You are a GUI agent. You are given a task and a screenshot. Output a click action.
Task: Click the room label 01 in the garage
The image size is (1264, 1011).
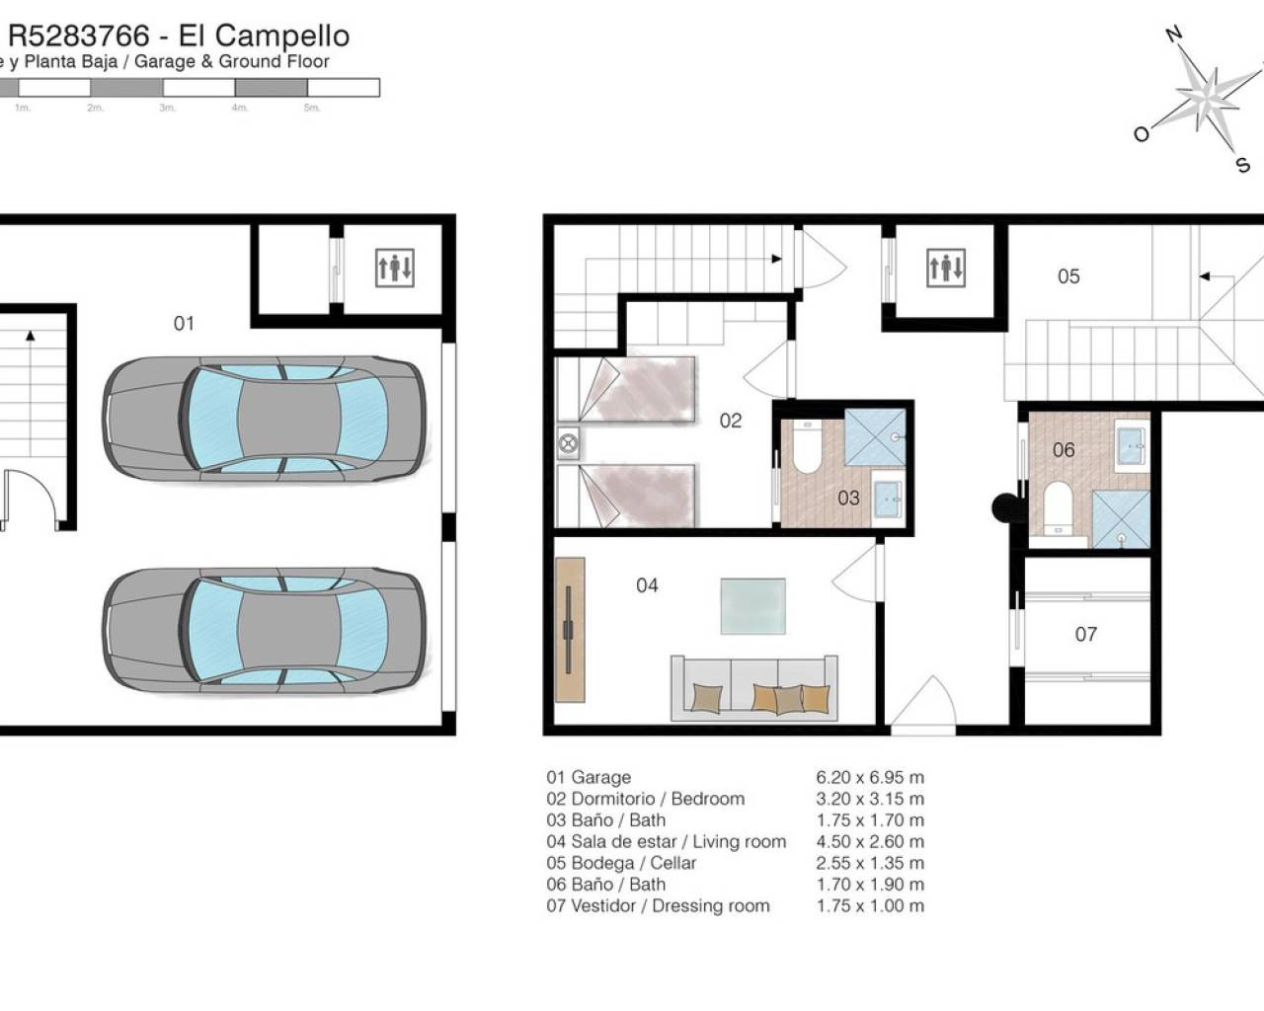pos(184,323)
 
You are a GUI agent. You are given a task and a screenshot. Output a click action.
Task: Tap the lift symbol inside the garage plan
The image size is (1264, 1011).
pos(395,268)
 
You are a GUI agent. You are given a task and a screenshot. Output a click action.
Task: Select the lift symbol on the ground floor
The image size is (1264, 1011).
pos(946,268)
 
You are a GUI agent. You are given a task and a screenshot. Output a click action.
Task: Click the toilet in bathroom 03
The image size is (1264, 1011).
pos(807,446)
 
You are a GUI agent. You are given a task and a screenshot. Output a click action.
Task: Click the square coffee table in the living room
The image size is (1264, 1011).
pos(753,606)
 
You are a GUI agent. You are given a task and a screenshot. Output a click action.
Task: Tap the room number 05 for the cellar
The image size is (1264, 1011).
pos(1068,276)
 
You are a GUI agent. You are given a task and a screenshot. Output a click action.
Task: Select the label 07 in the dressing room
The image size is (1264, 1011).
pos(1085,634)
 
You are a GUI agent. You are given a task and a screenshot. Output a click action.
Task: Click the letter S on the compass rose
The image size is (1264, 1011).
pos(1242,165)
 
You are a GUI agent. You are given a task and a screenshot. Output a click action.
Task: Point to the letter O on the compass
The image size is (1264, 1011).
pos(1142,134)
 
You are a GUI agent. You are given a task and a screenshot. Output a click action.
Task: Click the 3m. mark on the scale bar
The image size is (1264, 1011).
pos(168,108)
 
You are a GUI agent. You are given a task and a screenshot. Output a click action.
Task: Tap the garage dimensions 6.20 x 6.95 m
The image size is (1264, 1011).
pos(870,777)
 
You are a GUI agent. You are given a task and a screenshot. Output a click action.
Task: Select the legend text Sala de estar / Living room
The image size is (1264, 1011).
pos(678,841)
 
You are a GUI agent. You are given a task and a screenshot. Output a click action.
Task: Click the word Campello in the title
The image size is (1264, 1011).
pos(282,36)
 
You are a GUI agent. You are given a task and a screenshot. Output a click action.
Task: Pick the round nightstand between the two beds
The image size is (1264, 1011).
pos(568,443)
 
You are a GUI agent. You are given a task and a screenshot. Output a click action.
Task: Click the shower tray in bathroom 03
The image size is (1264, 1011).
pos(875,437)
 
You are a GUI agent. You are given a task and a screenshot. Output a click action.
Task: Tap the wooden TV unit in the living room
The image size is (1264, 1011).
pos(570,630)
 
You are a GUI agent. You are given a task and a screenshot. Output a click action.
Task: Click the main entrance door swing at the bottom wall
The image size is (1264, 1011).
pos(923,705)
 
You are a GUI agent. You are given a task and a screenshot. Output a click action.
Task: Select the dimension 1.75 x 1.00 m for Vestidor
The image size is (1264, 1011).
pos(870,905)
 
